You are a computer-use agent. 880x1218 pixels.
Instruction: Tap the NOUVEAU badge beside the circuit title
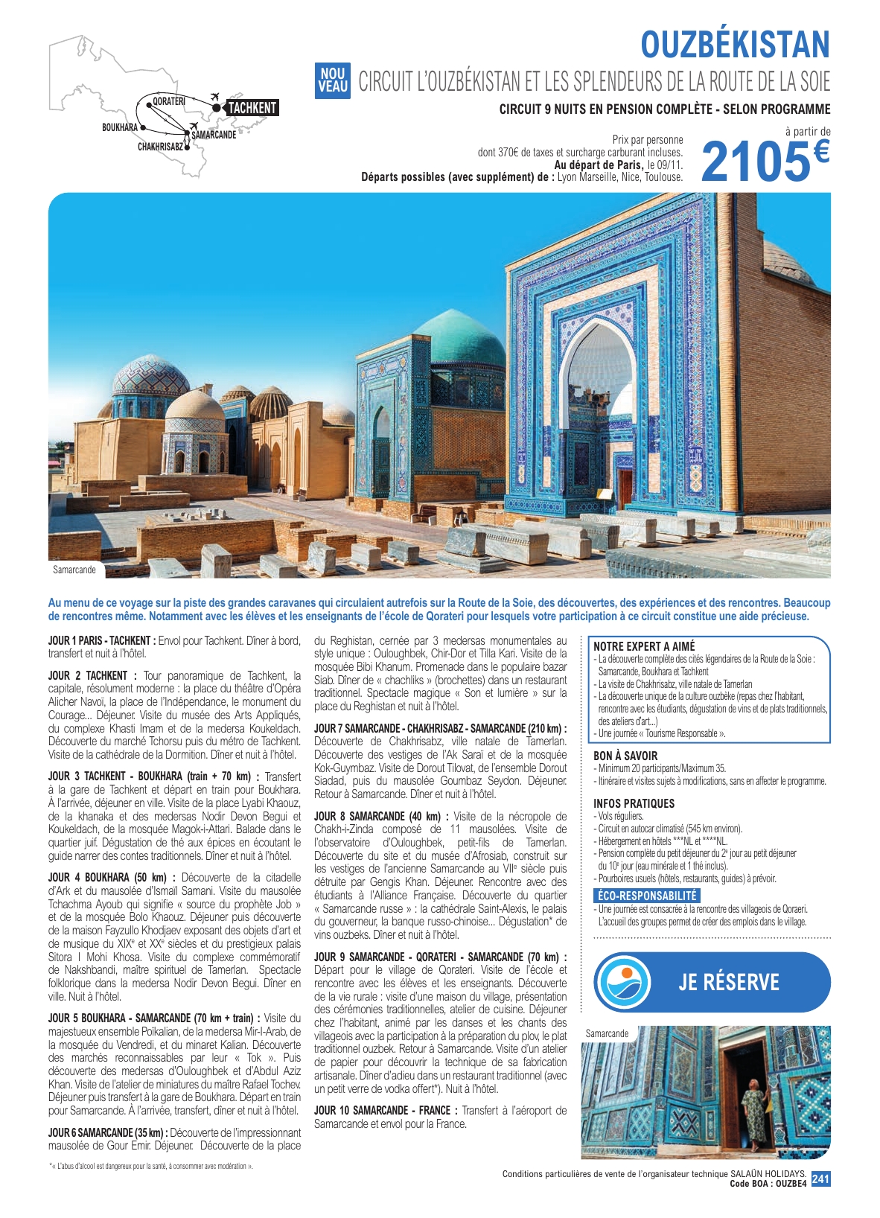pos(332,80)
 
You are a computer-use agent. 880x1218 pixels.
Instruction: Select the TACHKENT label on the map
pos(252,108)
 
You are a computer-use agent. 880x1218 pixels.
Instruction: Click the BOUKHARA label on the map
pos(120,127)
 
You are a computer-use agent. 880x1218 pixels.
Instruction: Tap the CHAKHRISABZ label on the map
pos(160,147)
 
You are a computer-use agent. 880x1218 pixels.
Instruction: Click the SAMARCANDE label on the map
pos(214,135)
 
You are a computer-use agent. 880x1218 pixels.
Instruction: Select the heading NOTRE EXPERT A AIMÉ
pos(643,646)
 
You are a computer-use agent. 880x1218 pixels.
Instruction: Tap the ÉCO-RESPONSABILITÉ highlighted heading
pos(647,896)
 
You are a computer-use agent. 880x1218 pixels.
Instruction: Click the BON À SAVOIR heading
pos(625,756)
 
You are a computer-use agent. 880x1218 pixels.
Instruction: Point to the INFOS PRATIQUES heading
pos(634,803)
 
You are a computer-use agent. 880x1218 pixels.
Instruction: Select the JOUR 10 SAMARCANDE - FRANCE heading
pos(382,1110)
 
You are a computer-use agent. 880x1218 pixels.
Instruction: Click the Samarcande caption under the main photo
pos(74,570)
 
